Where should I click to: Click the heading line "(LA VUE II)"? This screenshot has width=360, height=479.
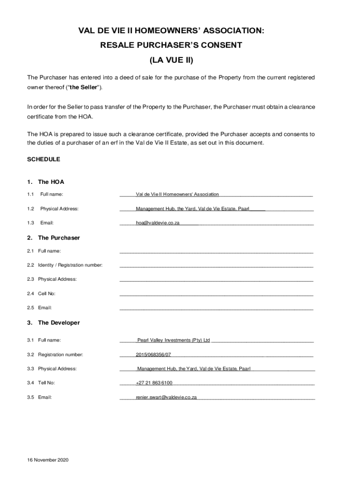pyautogui.click(x=171, y=60)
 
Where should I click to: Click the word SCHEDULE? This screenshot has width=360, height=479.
pyautogui.click(x=43, y=160)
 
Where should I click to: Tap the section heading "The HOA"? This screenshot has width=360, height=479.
pyautogui.click(x=51, y=182)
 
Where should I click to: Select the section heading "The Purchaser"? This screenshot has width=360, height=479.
pyautogui.click(x=59, y=238)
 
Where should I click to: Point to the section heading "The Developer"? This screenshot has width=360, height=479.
pyautogui.click(x=59, y=323)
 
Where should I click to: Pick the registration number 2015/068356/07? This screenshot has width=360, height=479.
pyautogui.click(x=153, y=355)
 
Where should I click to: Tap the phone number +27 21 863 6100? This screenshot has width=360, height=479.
pyautogui.click(x=154, y=383)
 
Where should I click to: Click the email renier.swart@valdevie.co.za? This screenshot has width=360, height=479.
pyautogui.click(x=166, y=397)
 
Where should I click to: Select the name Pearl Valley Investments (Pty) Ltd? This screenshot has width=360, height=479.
pyautogui.click(x=173, y=340)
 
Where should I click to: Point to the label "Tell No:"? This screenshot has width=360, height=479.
pyautogui.click(x=46, y=383)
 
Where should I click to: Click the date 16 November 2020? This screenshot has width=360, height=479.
pyautogui.click(x=48, y=460)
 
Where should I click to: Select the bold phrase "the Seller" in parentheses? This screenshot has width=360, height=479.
pyautogui.click(x=84, y=87)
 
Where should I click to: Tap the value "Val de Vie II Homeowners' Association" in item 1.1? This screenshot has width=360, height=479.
pyautogui.click(x=177, y=194)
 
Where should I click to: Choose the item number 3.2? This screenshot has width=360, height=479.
pyautogui.click(x=31, y=355)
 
